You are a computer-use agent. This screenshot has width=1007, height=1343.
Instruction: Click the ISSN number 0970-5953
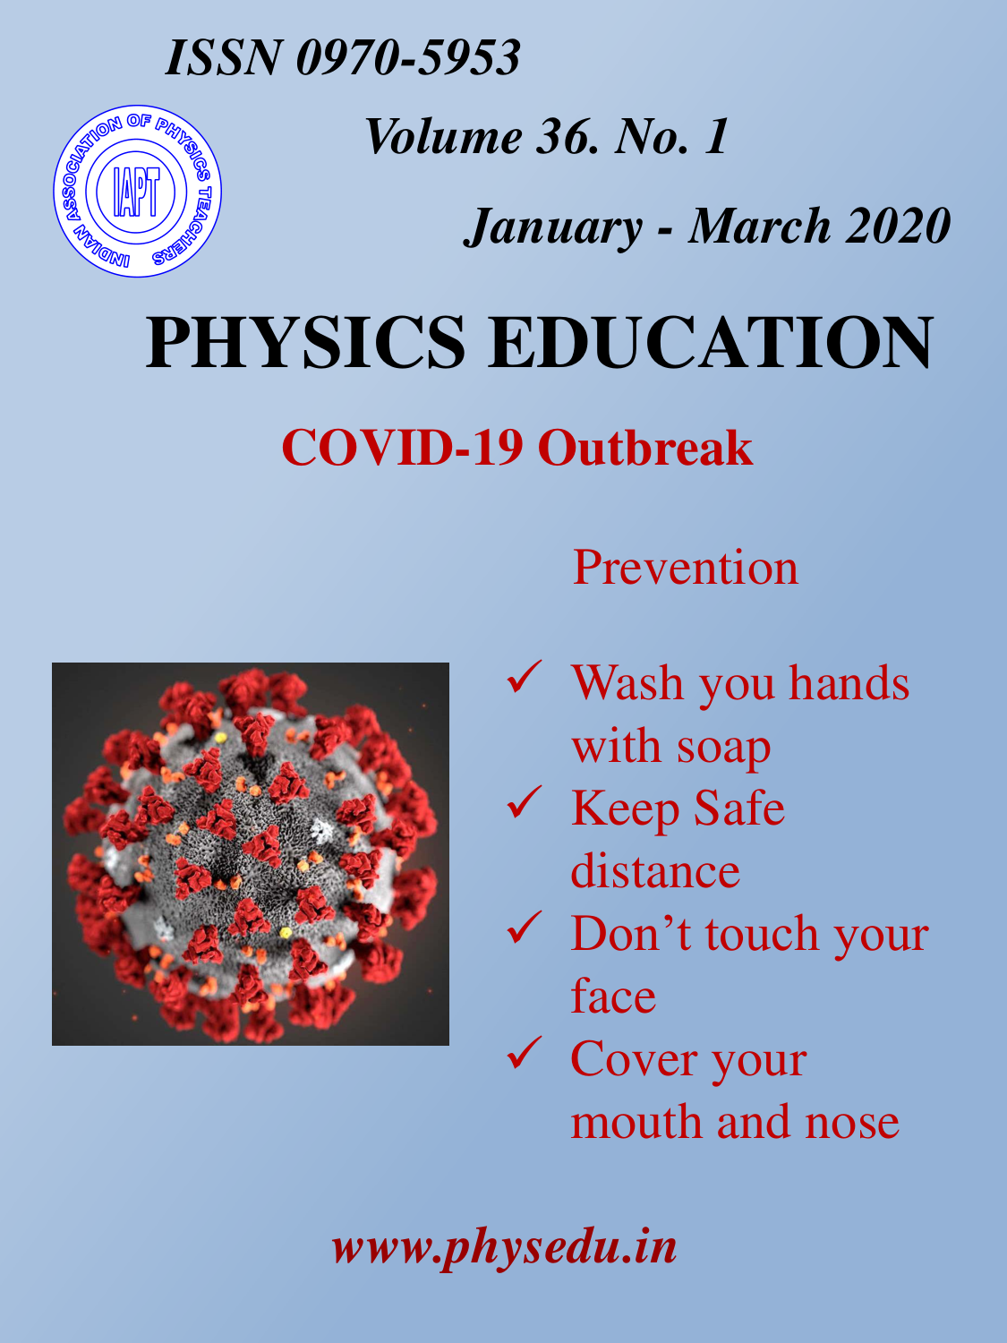408,57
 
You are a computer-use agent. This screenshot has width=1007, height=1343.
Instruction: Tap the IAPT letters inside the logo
136,192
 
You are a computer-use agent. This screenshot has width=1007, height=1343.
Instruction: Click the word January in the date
553,227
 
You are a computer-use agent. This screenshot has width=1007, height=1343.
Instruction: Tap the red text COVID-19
402,448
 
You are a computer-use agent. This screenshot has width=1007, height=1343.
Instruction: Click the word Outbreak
645,448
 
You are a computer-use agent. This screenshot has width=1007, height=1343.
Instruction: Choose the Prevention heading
686,567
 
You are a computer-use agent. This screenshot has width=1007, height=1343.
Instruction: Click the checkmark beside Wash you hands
524,677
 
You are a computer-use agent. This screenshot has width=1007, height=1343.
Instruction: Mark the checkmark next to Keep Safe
524,801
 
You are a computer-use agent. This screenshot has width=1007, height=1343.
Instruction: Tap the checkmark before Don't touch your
524,927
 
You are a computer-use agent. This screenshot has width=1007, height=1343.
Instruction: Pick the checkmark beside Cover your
524,1052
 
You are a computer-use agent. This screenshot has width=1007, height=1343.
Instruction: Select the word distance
655,870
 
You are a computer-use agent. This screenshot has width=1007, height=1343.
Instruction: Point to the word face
613,996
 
